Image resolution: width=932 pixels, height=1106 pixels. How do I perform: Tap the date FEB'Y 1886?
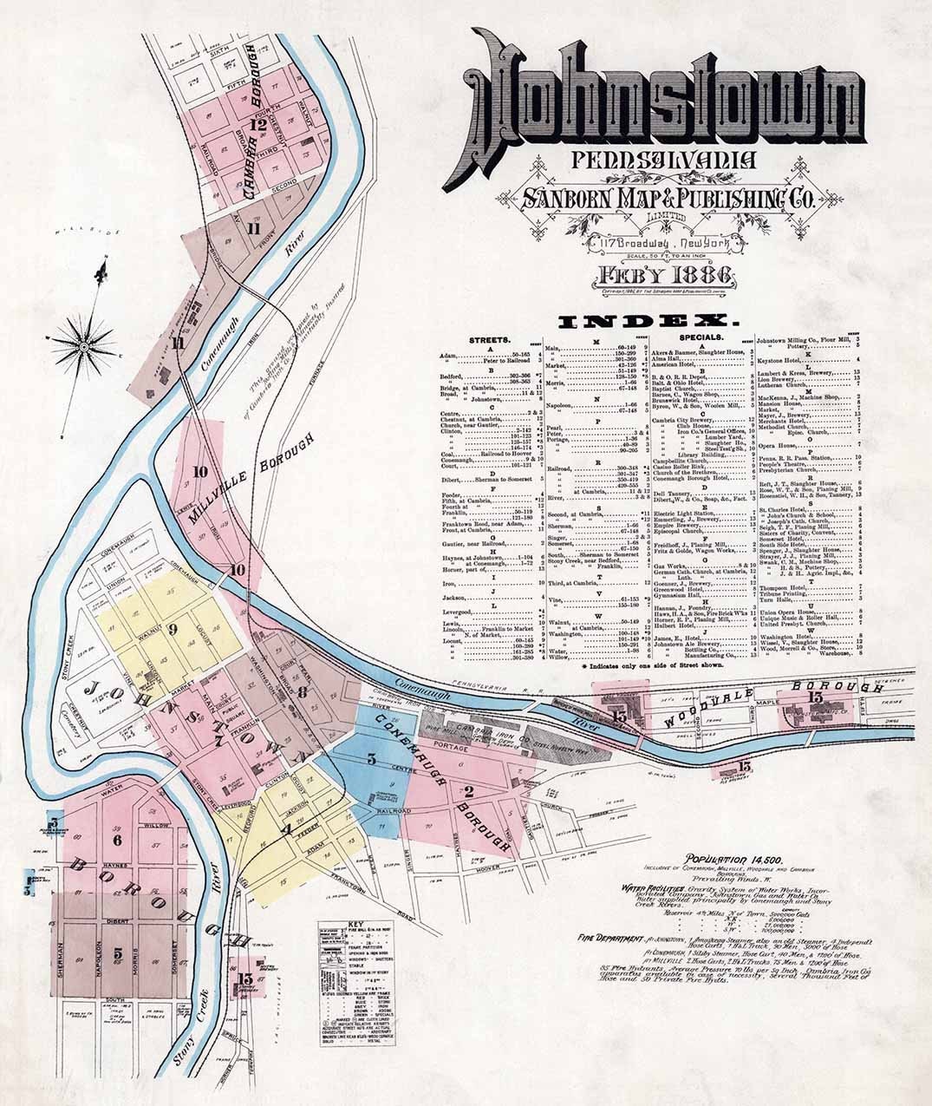pos(662,278)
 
